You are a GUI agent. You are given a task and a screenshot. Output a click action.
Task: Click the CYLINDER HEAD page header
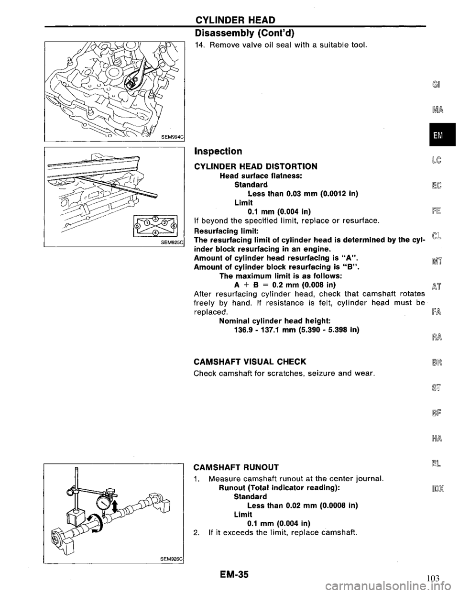coord(233,20)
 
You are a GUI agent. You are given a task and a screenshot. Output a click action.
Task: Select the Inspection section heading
coord(217,151)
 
